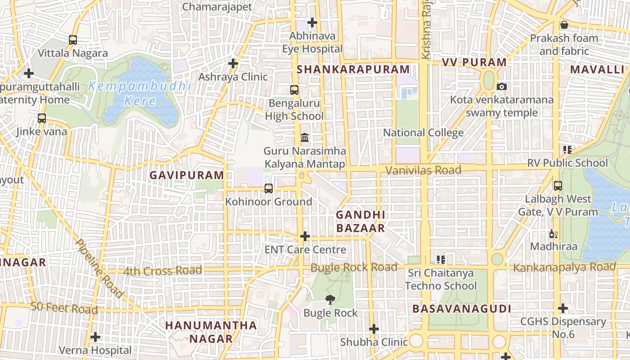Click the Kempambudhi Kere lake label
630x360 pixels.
[140, 93]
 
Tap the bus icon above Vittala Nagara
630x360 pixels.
[73, 40]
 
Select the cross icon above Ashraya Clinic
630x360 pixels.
[233, 63]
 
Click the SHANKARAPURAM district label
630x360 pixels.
[353, 69]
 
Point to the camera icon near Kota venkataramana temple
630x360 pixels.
[501, 86]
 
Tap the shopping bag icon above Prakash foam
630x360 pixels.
[564, 25]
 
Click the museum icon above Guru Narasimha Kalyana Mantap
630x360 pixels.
[305, 137]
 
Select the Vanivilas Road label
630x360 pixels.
[423, 170]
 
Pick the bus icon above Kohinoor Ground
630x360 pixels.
[269, 188]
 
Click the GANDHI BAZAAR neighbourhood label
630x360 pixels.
[360, 221]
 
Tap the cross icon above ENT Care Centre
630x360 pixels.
[305, 236]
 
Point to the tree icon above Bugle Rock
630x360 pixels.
[330, 299]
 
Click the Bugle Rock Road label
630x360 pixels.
[354, 267]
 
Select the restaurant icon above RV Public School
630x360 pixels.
[567, 149]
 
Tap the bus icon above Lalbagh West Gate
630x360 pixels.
[558, 185]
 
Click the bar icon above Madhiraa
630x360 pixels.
[553, 234]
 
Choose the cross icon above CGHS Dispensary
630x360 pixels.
[562, 309]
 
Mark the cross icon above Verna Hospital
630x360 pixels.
[95, 337]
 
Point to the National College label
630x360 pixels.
[423, 133]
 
